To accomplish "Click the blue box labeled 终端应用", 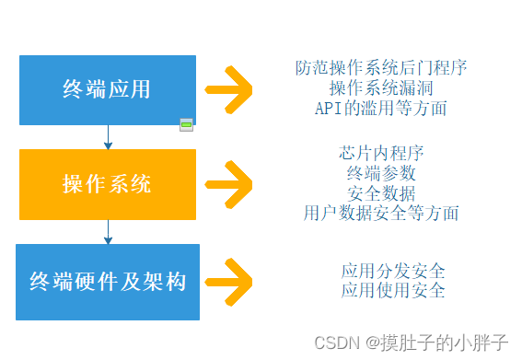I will click(x=107, y=90).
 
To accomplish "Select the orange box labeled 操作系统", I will click(x=107, y=184).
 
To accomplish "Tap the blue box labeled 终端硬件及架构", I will click(x=107, y=282).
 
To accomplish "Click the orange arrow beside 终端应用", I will click(x=230, y=90).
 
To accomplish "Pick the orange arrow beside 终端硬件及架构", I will click(x=230, y=281).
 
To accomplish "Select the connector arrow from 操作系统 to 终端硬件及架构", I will click(x=108, y=231).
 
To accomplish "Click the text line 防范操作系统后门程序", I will click(x=381, y=68).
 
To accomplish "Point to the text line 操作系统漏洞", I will click(x=381, y=88).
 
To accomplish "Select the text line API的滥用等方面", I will click(x=381, y=109).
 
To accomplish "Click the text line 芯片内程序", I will click(x=381, y=153).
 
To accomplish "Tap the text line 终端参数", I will click(x=381, y=173).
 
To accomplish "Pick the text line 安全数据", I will click(x=381, y=193).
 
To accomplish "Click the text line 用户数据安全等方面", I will click(x=381, y=214).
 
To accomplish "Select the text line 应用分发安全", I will click(x=393, y=271).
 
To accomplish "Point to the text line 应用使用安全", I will click(x=393, y=291).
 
